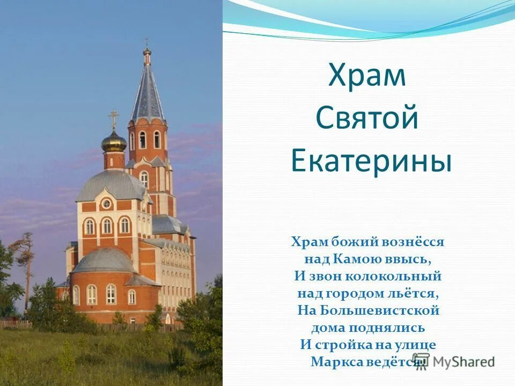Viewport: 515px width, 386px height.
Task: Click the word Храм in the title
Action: (367, 76)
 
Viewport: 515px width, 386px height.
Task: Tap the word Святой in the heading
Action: (367, 118)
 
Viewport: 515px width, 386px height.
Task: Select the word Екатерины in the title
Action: (371, 161)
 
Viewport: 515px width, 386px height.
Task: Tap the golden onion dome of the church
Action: (114, 142)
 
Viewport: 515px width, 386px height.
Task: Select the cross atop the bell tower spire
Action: (146, 43)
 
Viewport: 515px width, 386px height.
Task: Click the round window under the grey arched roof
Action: (106, 204)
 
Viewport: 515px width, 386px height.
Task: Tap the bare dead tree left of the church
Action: (25, 257)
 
